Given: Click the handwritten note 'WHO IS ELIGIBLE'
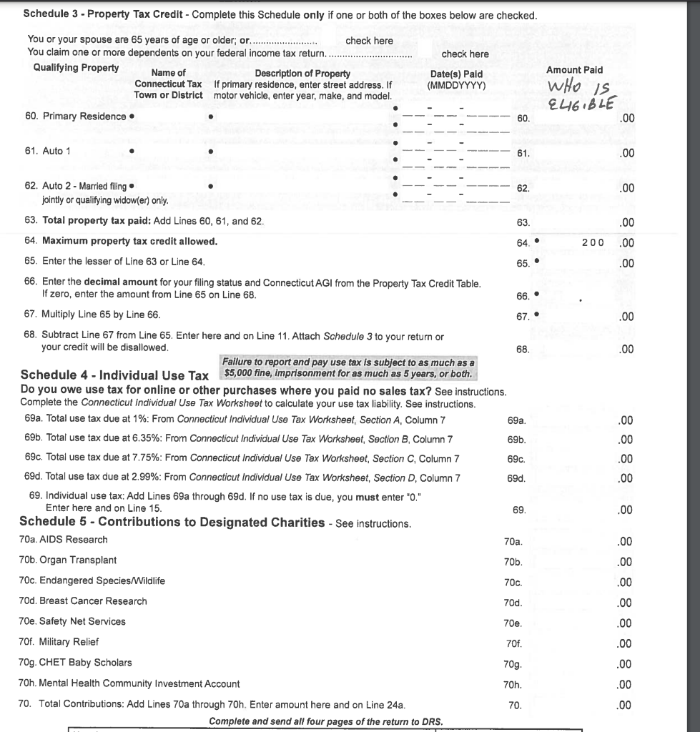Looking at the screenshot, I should coord(580,96).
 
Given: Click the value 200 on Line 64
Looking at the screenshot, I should coord(593,242).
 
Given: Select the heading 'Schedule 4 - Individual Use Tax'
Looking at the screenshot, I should coord(114,375).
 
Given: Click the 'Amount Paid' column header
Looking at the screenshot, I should coord(574,70).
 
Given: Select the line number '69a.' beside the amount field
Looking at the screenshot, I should coord(516,420).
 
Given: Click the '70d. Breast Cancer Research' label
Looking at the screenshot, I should coord(83,601).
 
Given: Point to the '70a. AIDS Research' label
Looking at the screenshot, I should coord(64,540).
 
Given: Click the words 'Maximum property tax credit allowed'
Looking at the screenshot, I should coord(129,241).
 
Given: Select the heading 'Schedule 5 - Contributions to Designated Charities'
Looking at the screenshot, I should coord(172,522).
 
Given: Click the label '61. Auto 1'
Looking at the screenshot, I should coord(47,151).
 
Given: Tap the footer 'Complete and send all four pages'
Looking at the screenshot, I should coord(325,721).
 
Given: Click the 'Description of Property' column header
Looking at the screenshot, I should coord(302,74).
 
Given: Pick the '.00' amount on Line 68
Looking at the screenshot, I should coord(626,350).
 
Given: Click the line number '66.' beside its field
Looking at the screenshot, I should coord(522,296).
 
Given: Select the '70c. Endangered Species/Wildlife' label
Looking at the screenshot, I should coord(92,580).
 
